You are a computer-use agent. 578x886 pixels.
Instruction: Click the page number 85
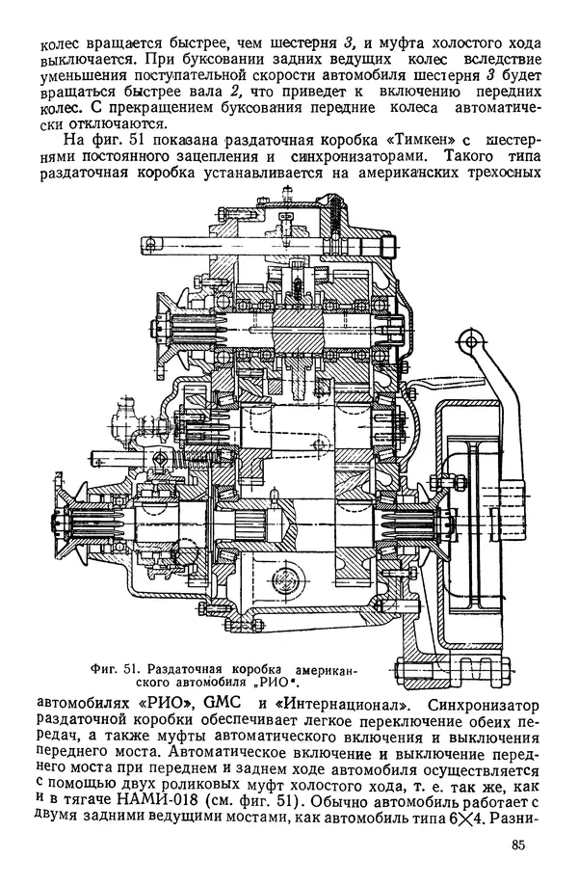(x=522, y=848)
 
